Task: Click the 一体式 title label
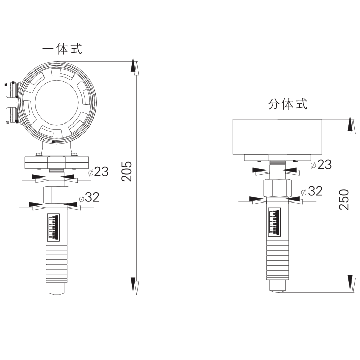pos(62,49)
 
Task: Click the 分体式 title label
pos(288,104)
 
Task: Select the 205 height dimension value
pos(127,171)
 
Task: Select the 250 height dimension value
pos(344,199)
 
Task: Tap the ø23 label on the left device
pos(99,172)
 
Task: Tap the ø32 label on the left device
pos(89,197)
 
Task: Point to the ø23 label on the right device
pos(321,164)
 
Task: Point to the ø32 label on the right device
pos(312,191)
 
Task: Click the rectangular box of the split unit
pos(277,137)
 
